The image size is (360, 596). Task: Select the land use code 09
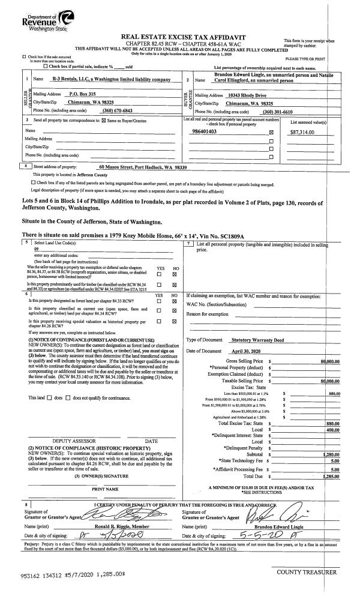click(37, 248)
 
